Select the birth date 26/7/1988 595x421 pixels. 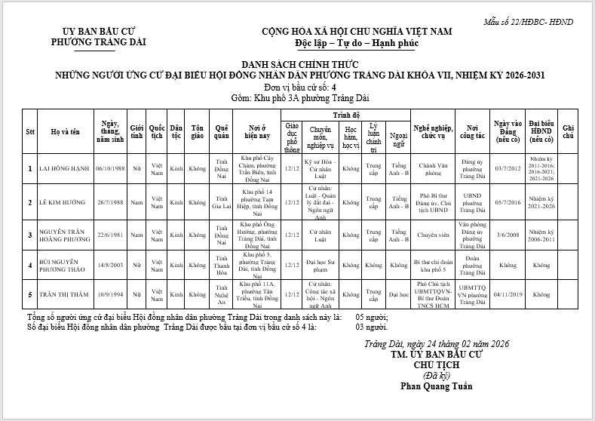click(112, 202)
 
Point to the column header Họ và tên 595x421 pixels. click(64, 133)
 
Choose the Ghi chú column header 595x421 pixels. click(569, 133)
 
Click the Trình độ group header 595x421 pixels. click(346, 115)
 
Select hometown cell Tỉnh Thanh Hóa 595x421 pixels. click(222, 265)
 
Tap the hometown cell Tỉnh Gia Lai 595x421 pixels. click(222, 202)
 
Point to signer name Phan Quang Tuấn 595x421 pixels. click(437, 386)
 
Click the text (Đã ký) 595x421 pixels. click(437, 375)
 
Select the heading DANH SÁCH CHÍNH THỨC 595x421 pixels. click(300, 65)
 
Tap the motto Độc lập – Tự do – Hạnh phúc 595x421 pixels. click(356, 44)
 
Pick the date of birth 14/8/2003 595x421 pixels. click(112, 265)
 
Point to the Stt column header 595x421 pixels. click(30, 133)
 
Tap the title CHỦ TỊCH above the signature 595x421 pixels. click(437, 364)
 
